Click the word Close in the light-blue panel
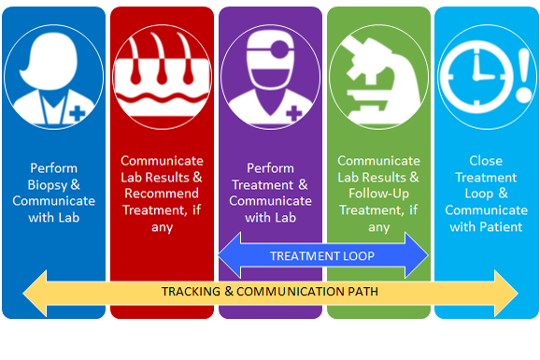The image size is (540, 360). (487, 160)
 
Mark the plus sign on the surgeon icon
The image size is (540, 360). (294, 114)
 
